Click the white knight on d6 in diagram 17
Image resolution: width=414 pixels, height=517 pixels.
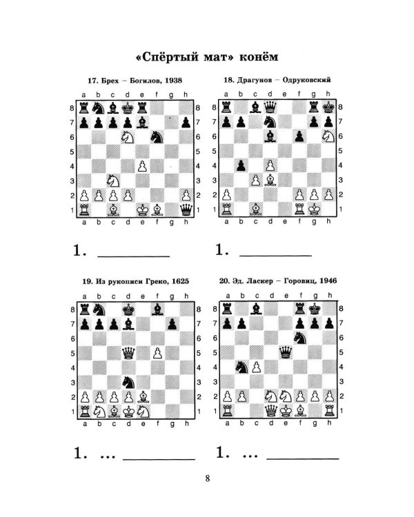point(128,137)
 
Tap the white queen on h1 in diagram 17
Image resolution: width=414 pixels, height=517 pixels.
point(186,210)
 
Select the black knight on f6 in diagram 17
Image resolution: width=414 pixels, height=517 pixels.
point(157,137)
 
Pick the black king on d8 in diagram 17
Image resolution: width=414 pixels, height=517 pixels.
point(128,108)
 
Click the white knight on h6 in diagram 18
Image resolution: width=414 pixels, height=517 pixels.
point(328,136)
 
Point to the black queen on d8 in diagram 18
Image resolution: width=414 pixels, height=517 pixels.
point(270,107)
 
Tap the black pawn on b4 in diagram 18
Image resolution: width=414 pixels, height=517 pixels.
point(241,165)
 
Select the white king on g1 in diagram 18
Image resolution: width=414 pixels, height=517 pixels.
point(314,209)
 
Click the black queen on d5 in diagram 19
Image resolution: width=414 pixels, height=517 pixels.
point(128,353)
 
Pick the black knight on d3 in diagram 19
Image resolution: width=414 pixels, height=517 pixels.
point(128,383)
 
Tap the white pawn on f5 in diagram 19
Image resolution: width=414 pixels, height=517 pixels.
point(157,353)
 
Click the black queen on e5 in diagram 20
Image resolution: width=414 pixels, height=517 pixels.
point(286,352)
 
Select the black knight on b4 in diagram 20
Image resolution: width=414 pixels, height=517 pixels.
point(241,367)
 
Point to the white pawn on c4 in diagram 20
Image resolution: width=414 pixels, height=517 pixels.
point(257,367)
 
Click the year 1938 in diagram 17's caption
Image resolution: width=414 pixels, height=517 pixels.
point(173,81)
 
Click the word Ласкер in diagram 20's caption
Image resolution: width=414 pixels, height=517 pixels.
point(262,281)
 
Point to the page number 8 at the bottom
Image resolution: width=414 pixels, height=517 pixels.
point(207,478)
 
